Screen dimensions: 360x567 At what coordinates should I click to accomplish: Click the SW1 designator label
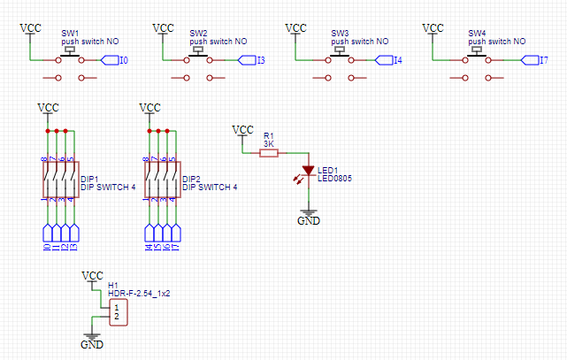tap(70, 32)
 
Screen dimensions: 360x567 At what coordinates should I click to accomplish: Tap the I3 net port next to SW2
tap(250, 60)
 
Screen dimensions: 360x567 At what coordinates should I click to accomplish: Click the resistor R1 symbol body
tap(269, 153)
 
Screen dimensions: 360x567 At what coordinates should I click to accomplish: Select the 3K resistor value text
tap(269, 143)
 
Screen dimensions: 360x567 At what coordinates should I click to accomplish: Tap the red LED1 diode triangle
tap(308, 170)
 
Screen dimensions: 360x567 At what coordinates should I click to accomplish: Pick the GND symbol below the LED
tap(308, 218)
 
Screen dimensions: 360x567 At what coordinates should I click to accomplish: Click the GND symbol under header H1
tap(92, 342)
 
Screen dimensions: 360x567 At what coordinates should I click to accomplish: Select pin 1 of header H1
tap(116, 306)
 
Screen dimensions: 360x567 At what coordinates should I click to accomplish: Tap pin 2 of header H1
tap(116, 316)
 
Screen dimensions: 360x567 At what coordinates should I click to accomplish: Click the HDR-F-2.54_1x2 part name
tap(139, 293)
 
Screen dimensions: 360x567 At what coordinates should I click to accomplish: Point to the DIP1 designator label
tap(90, 179)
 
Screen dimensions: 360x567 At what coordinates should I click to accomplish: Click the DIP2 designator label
tap(192, 179)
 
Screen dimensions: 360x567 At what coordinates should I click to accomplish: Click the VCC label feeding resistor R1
tap(242, 130)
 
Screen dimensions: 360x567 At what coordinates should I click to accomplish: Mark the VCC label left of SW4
tap(433, 28)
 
